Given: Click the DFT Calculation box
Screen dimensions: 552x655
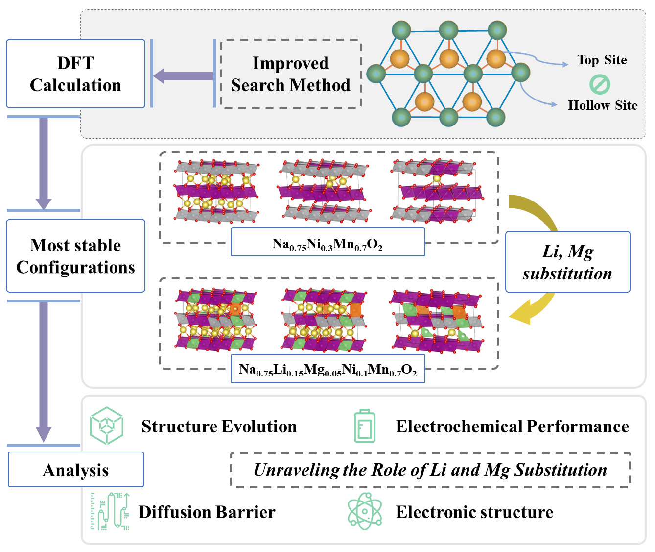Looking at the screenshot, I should pyautogui.click(x=75, y=74).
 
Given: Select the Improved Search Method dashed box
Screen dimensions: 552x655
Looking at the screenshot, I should pyautogui.click(x=291, y=74).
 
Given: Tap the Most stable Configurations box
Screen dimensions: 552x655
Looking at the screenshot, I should pyautogui.click(x=75, y=255).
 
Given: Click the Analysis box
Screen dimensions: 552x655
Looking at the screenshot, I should pyautogui.click(x=75, y=470).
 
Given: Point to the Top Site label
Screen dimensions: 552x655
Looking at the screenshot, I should pyautogui.click(x=602, y=60).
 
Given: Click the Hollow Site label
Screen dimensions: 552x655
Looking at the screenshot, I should pyautogui.click(x=602, y=105).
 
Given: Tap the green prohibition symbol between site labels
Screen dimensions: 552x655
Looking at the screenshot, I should pyautogui.click(x=600, y=84).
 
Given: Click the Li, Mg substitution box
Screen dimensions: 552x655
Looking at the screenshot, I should pyautogui.click(x=567, y=262).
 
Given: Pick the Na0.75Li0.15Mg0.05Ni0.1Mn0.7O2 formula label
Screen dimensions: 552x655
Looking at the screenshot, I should pyautogui.click(x=327, y=369).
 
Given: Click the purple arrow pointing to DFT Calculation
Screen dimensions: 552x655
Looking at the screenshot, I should pyautogui.click(x=182, y=76).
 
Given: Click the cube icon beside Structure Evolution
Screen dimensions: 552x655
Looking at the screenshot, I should pyautogui.click(x=106, y=426).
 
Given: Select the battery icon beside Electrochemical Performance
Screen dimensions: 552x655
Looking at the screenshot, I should pyautogui.click(x=365, y=426).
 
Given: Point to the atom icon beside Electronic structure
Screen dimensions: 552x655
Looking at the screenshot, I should pyautogui.click(x=365, y=511).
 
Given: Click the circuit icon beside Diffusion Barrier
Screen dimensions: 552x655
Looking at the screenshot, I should pyautogui.click(x=110, y=511).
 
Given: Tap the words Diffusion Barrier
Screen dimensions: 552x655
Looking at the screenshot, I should pyautogui.click(x=207, y=512).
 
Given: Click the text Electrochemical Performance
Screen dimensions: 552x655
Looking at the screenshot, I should pyautogui.click(x=512, y=427).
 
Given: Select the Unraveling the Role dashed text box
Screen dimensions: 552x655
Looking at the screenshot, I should pyautogui.click(x=430, y=470).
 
